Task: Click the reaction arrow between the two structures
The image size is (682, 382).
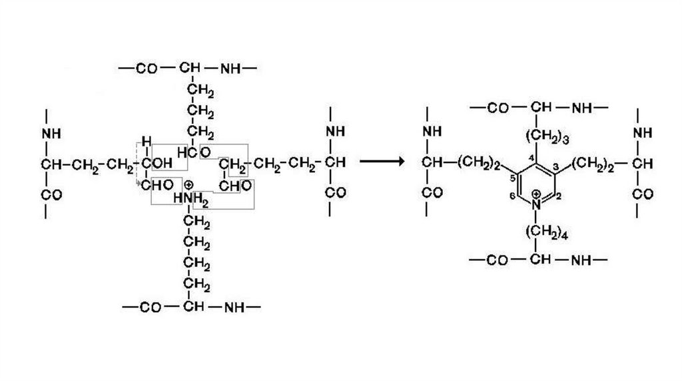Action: [382, 162]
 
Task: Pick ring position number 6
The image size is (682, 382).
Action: [511, 196]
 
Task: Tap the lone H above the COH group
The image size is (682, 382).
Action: [147, 140]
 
